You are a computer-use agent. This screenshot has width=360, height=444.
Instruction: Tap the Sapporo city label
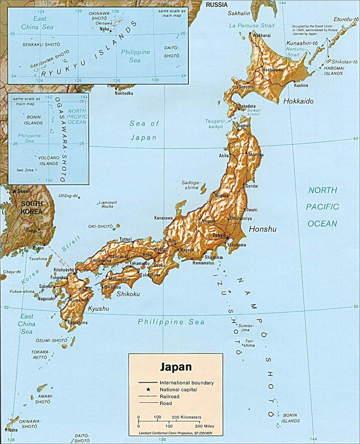pos(246,86)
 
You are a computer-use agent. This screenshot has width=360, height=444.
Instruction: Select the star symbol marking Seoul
pos(14,191)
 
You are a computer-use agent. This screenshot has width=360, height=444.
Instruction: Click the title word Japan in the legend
pos(176,367)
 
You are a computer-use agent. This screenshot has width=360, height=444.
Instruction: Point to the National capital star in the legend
pos(148,389)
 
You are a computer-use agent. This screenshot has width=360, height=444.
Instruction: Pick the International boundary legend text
pos(187,382)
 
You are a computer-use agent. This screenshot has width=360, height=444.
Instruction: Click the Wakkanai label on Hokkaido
pos(262,36)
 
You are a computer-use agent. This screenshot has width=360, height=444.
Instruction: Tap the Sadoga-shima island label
pos(191,185)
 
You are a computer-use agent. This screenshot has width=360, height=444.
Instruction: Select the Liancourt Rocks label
pos(108,204)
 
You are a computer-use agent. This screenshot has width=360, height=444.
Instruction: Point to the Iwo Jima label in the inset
pos(25,170)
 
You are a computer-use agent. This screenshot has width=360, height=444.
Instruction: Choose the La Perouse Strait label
pos(252,26)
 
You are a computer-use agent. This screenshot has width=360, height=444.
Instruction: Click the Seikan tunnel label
pos(254,112)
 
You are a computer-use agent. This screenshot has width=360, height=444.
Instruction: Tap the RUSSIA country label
pos(217,5)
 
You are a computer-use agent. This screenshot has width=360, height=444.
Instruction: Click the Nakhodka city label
pos(124,93)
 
